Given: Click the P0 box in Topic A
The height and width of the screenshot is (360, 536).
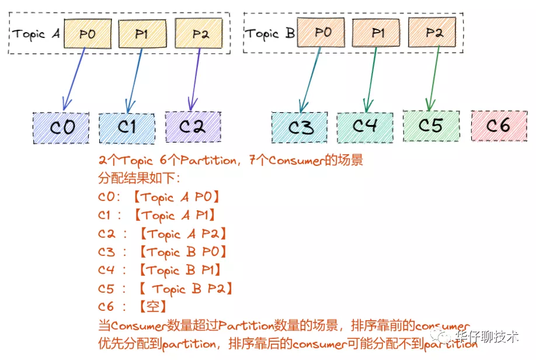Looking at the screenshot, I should pos(87,34).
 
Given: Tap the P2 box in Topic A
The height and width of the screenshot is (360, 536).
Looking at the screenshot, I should pos(199,34).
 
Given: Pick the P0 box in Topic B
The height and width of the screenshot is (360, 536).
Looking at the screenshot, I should pos(322,32).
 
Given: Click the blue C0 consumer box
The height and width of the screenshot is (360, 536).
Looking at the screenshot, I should pos(61,127).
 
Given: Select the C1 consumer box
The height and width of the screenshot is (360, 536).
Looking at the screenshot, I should pos(127,127).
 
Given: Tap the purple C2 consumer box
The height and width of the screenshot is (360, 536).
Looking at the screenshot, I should pos(192,127).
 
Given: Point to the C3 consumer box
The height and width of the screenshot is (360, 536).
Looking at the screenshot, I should pos(300,127).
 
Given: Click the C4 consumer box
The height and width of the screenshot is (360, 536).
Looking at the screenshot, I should pos(364,126).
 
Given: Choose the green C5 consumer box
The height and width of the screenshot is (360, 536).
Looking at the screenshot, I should pos(431,126).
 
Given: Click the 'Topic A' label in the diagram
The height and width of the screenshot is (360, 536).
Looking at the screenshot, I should pos(36,34).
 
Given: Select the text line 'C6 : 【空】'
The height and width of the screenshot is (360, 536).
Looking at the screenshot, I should pos(133,306).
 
